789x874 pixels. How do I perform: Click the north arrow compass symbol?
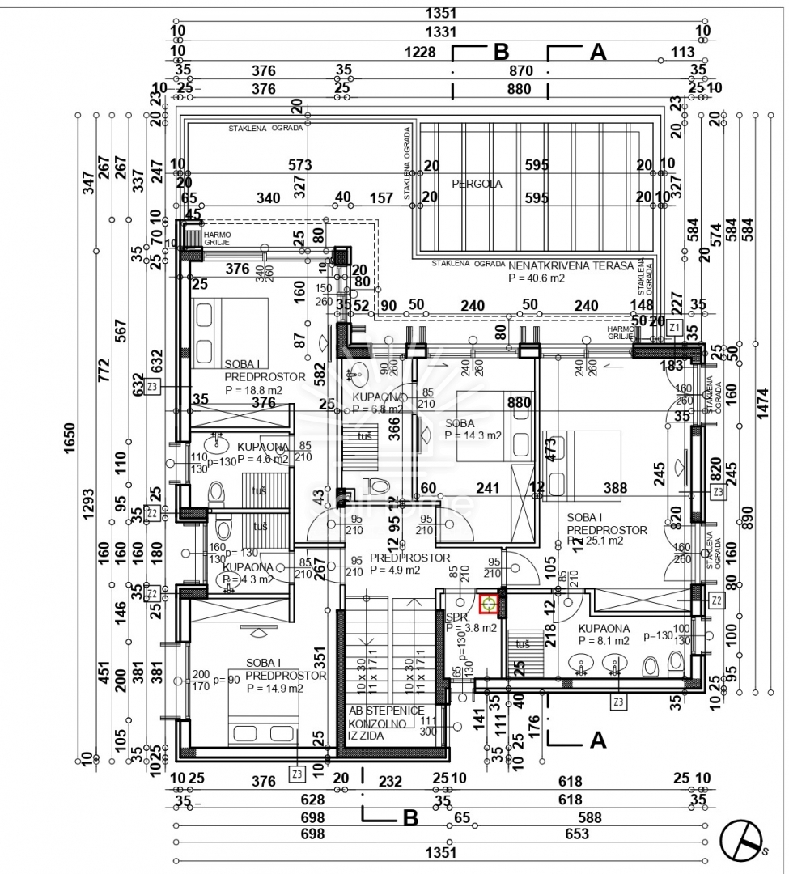(743, 841)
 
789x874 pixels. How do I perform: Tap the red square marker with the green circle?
(489, 604)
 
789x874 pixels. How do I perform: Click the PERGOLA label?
(477, 184)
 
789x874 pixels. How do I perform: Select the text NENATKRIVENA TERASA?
(571, 265)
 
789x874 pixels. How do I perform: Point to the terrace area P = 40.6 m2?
(536, 278)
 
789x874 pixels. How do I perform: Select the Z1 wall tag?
(673, 326)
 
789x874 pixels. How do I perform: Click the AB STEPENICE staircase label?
(386, 711)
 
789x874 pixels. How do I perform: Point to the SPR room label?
(453, 616)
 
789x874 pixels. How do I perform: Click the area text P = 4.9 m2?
(395, 570)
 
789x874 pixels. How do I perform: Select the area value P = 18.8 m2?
(252, 389)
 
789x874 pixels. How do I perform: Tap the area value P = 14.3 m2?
(473, 435)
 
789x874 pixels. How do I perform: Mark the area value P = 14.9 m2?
(275, 689)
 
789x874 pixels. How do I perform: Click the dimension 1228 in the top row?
(420, 53)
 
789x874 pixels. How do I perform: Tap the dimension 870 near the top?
(520, 71)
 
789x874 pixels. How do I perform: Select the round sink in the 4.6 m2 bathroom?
(216, 443)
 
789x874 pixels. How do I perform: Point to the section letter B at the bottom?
(410, 818)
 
